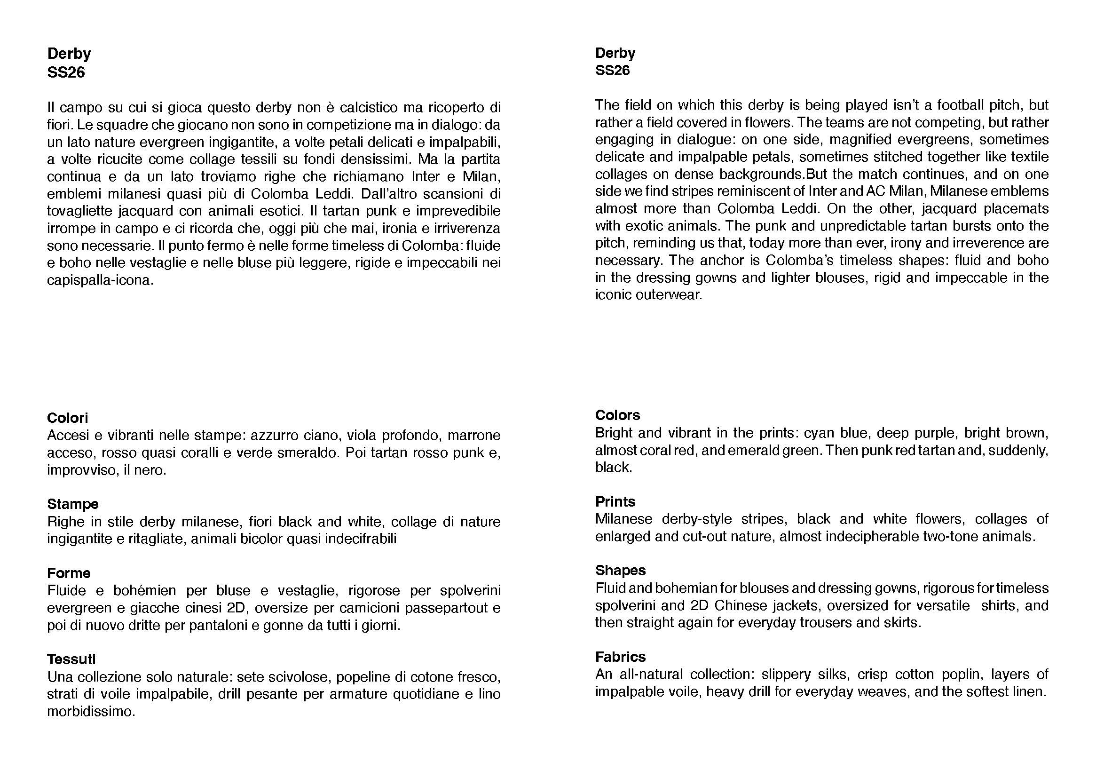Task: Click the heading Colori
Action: click(x=68, y=418)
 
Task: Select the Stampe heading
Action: click(x=73, y=504)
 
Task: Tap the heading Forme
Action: click(x=69, y=573)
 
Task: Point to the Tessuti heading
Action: click(x=71, y=659)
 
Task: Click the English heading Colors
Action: click(x=617, y=415)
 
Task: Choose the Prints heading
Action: click(x=615, y=501)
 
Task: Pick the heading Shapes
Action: click(x=620, y=570)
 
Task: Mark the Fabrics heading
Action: click(x=620, y=657)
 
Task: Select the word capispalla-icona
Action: click(x=100, y=280)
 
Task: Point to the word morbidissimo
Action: click(x=91, y=711)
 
